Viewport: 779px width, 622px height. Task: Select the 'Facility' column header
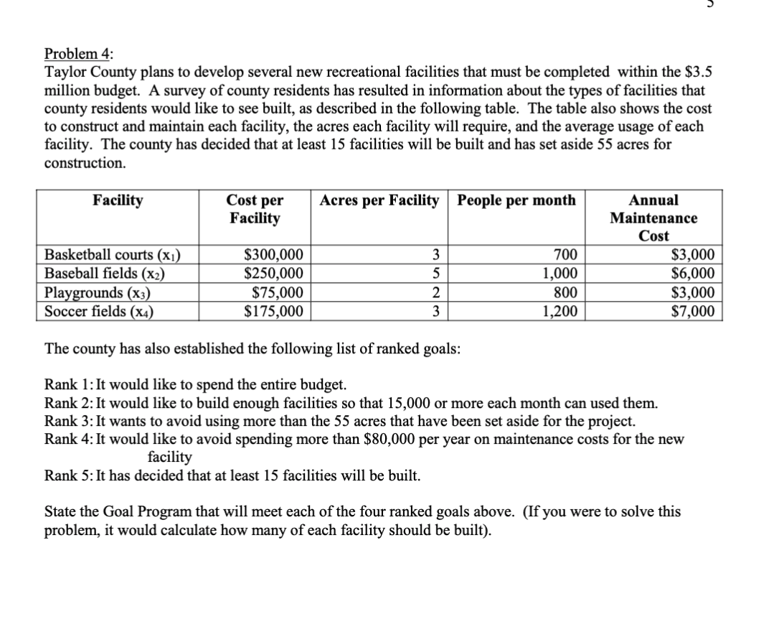[x=118, y=200]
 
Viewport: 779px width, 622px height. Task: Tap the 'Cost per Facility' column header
[x=255, y=209]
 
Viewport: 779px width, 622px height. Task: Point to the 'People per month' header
[x=516, y=200]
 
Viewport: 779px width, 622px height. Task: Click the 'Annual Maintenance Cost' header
[x=653, y=218]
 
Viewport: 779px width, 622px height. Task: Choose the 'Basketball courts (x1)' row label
[x=113, y=255]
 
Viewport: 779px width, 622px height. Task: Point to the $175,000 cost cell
[x=274, y=311]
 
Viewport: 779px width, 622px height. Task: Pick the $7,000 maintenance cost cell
[x=692, y=311]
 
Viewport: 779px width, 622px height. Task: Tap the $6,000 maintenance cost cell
[x=692, y=274]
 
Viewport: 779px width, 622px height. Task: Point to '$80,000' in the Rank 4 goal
[x=384, y=438]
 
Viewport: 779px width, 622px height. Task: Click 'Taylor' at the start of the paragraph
[x=65, y=73]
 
